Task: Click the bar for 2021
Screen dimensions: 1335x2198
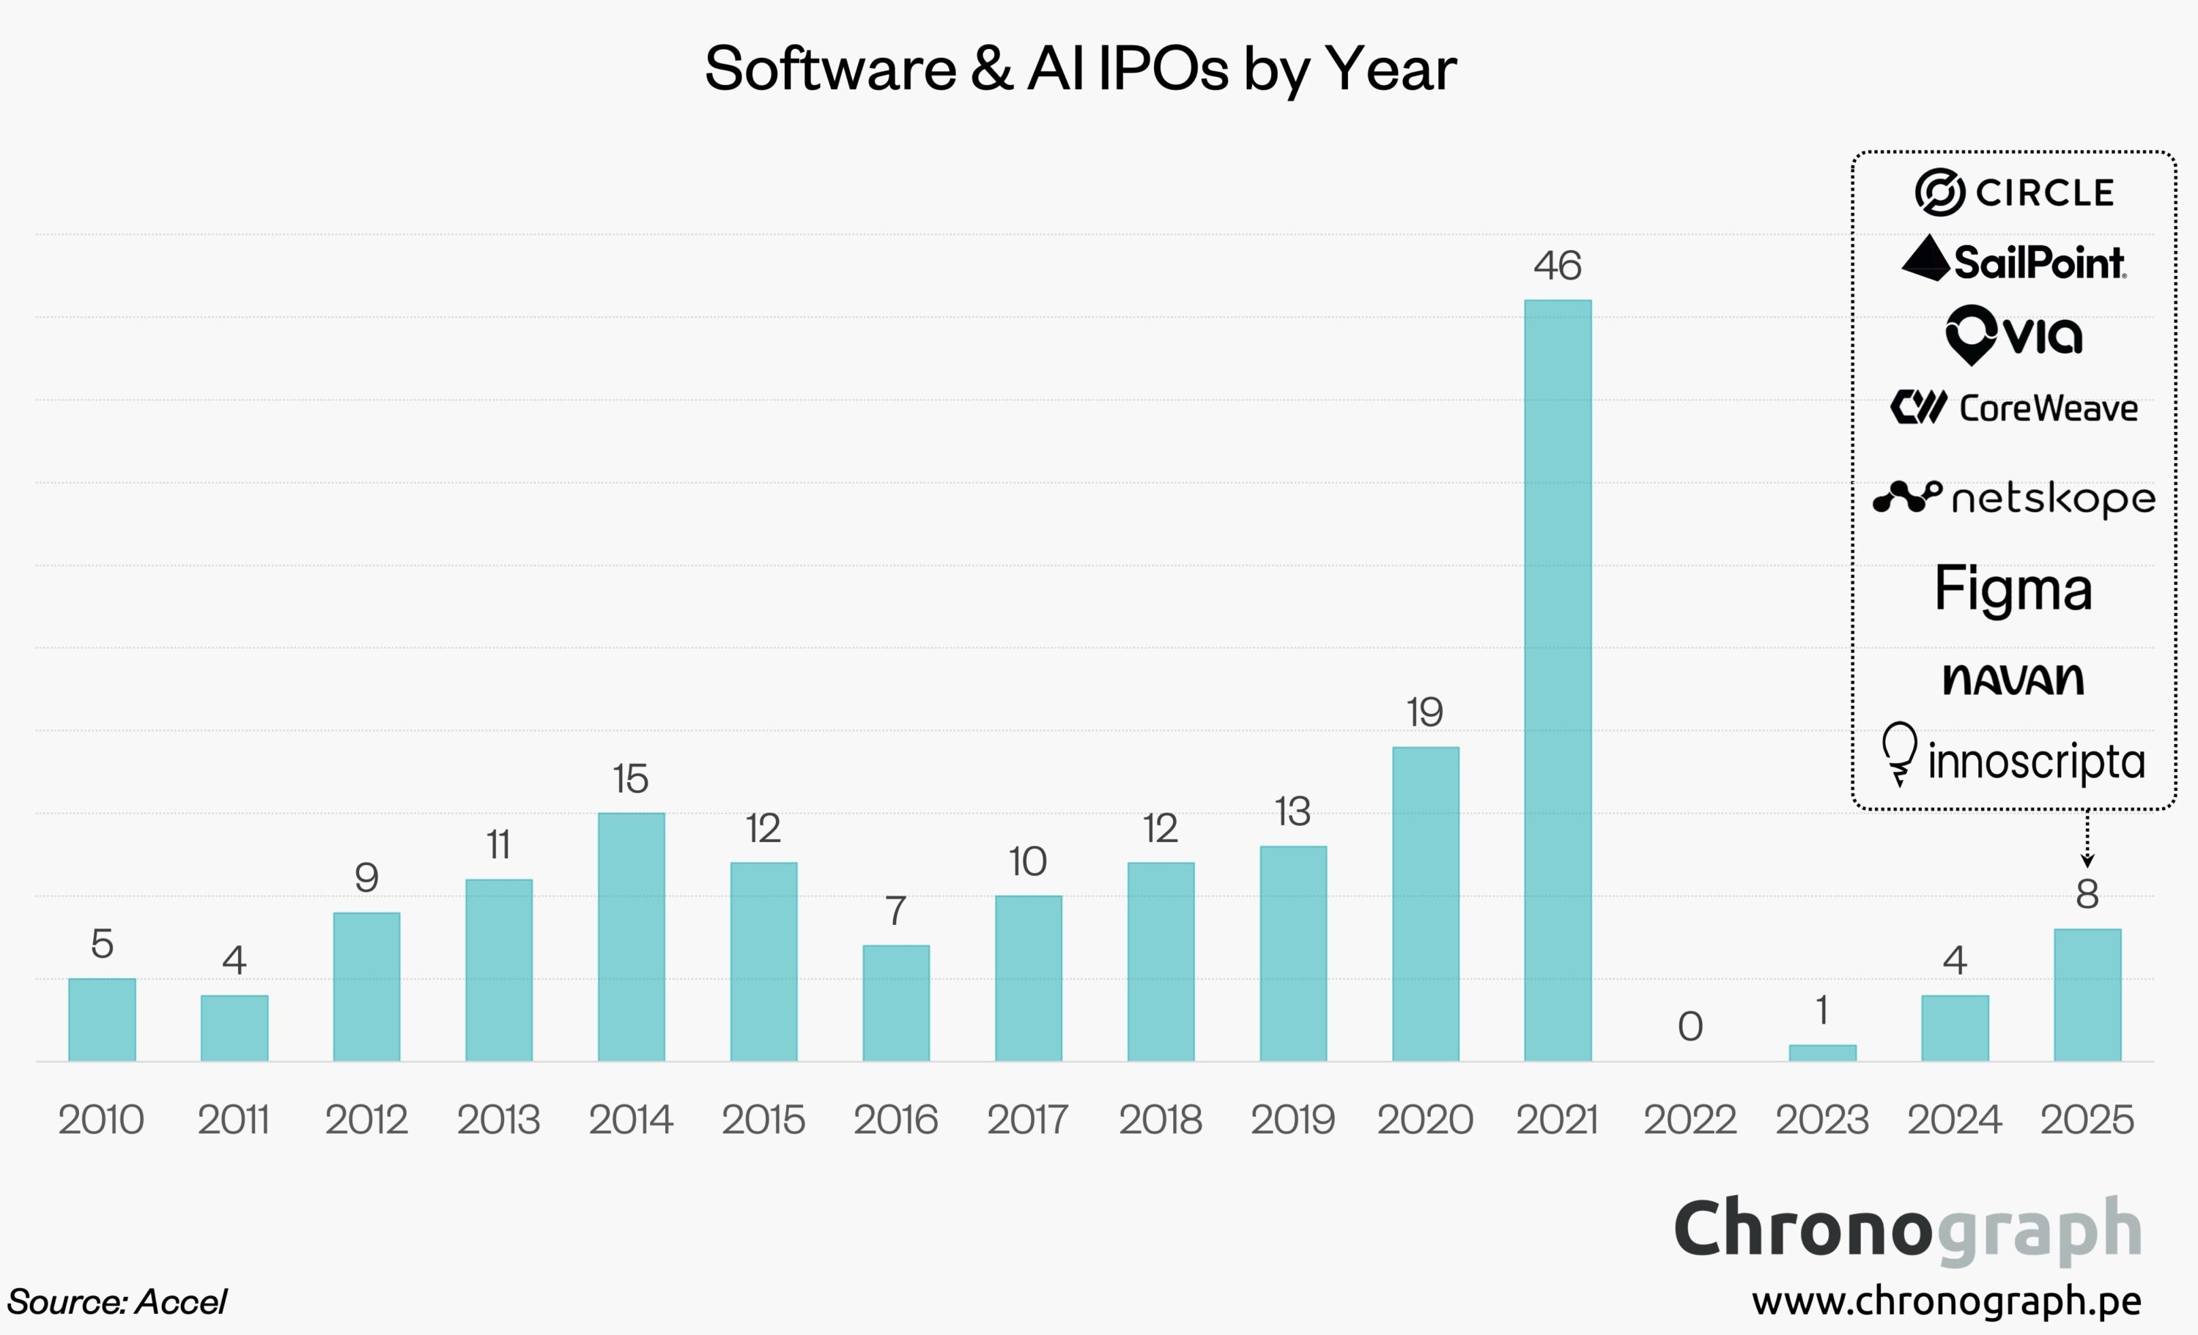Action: point(1558,680)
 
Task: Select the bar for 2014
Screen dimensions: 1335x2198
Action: point(631,937)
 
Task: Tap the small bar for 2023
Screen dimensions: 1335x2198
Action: point(1822,1052)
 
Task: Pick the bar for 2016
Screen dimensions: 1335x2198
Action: point(895,1003)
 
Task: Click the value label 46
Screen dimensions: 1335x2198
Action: point(1558,266)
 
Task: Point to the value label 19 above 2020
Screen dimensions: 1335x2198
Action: point(1424,713)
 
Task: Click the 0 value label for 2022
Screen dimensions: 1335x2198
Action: point(1690,1027)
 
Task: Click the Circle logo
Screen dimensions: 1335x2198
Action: point(2014,192)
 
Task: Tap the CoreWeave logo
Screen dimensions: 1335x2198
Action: point(2013,408)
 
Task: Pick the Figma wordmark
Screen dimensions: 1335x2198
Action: point(2013,590)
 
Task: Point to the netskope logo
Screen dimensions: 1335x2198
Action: point(2013,499)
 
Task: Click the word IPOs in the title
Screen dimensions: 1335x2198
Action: point(1162,69)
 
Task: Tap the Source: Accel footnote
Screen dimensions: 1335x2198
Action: point(116,1302)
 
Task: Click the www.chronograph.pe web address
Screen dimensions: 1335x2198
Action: point(1947,1301)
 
